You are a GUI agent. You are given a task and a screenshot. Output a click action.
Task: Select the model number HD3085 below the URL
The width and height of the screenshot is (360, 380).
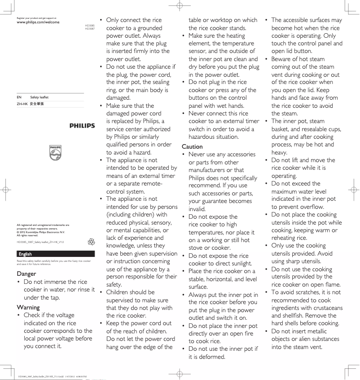click(90, 26)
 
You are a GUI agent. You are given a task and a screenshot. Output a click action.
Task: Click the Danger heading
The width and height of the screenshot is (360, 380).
click(28, 273)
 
